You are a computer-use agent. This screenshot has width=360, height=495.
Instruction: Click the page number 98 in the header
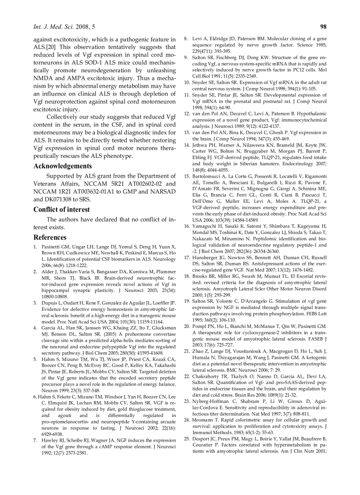point(322,27)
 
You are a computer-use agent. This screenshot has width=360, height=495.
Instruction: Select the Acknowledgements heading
point(63,166)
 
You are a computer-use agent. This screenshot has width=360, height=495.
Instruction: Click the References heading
point(50,237)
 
